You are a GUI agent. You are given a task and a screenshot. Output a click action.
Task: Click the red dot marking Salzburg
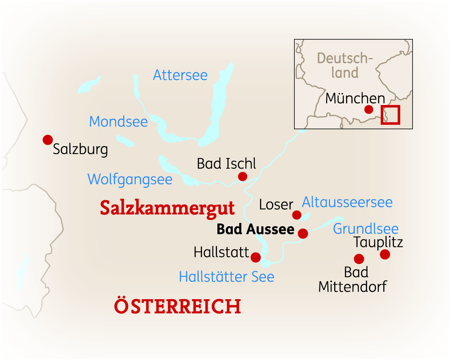click(x=48, y=140)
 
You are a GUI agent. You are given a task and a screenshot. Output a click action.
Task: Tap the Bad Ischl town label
click(x=226, y=164)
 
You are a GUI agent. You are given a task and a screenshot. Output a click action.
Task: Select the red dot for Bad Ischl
click(x=243, y=176)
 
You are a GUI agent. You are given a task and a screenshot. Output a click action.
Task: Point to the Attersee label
click(x=180, y=75)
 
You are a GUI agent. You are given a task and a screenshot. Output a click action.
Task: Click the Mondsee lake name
click(x=118, y=122)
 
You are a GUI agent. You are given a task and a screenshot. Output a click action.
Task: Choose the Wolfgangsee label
click(x=130, y=179)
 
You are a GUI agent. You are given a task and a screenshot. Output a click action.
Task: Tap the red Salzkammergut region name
click(x=167, y=208)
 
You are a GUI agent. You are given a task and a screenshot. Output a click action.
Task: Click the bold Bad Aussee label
click(x=256, y=229)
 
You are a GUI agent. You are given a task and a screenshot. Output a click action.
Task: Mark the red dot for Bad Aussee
click(x=303, y=234)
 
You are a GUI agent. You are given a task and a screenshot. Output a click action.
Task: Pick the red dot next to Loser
click(x=297, y=215)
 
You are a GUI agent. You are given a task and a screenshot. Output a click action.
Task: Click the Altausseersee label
click(x=347, y=202)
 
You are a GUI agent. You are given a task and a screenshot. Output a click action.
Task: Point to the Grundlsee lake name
click(x=365, y=229)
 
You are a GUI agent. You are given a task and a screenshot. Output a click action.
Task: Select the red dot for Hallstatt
click(x=256, y=257)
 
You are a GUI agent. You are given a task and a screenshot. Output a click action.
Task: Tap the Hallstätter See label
click(x=226, y=277)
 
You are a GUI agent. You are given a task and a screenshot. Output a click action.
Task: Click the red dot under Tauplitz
click(x=385, y=255)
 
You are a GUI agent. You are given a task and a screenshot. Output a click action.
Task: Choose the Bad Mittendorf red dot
click(x=359, y=259)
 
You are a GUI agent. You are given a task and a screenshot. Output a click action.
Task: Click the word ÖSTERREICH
click(x=178, y=306)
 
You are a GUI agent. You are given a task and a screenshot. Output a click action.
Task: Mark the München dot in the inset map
click(x=369, y=109)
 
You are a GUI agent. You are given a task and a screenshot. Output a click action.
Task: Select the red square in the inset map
click(x=391, y=115)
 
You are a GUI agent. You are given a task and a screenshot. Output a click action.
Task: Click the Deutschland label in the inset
click(x=344, y=65)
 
